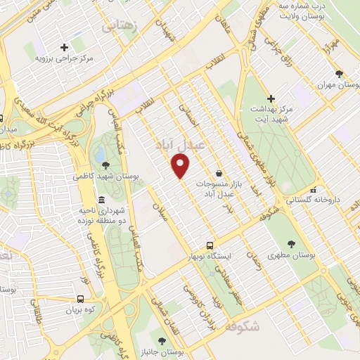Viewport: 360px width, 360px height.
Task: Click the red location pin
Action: click(x=181, y=166)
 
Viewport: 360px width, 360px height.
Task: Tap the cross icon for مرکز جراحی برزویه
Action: click(x=64, y=48)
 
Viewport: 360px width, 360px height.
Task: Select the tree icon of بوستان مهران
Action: click(x=340, y=73)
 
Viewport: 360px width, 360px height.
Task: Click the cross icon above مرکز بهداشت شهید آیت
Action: click(x=271, y=98)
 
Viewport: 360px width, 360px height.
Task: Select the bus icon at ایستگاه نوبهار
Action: click(x=210, y=245)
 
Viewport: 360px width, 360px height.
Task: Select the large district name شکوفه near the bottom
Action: click(x=244, y=327)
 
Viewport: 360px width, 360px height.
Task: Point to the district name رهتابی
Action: click(x=120, y=26)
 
